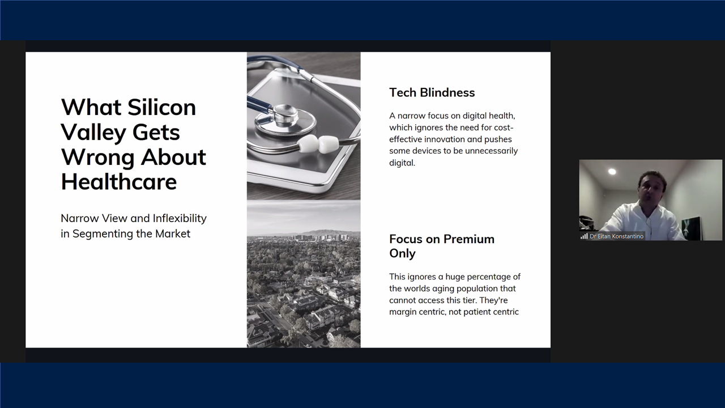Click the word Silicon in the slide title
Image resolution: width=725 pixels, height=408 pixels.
pyautogui.click(x=161, y=107)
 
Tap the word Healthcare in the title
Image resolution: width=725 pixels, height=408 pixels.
pyautogui.click(x=119, y=182)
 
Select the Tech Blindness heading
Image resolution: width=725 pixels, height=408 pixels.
pyautogui.click(x=432, y=92)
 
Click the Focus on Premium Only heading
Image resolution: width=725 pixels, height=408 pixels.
pyautogui.click(x=442, y=246)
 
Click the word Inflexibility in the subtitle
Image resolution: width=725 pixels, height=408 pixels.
pyautogui.click(x=180, y=219)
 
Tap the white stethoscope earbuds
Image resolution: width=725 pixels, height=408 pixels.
pyautogui.click(x=318, y=143)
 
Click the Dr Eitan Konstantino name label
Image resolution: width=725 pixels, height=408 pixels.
pyautogui.click(x=616, y=236)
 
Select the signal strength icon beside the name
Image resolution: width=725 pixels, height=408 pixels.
pyautogui.click(x=584, y=236)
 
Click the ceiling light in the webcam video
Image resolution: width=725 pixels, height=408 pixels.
pyautogui.click(x=612, y=171)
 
